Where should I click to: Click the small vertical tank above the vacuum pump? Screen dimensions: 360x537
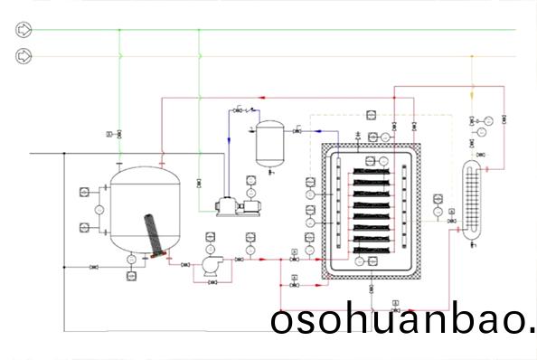[x=268, y=143]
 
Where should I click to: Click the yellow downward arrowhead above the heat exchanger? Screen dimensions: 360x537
[x=471, y=93]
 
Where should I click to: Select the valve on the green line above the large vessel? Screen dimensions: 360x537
[x=120, y=134]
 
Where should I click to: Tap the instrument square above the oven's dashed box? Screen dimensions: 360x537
[x=370, y=116]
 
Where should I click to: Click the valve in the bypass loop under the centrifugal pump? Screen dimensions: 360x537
[x=211, y=282]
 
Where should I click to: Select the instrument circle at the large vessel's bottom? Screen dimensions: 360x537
[x=131, y=260]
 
